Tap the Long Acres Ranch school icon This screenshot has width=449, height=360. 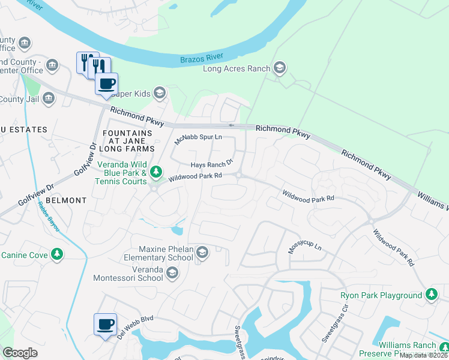pyautogui.click(x=279, y=68)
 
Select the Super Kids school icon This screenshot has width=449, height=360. pyautogui.click(x=159, y=93)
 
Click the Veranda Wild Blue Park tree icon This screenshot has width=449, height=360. pyautogui.click(x=156, y=173)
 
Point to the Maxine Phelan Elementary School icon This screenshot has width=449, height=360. pyautogui.click(x=202, y=253)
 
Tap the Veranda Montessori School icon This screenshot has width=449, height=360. pyautogui.click(x=172, y=273)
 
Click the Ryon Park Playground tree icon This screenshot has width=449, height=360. pyautogui.click(x=431, y=295)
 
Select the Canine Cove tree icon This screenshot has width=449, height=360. pyautogui.click(x=57, y=255)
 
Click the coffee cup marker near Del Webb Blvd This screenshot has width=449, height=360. pyautogui.click(x=105, y=325)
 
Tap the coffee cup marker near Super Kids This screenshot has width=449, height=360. pyautogui.click(x=107, y=84)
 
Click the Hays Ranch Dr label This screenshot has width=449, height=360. pyautogui.click(x=211, y=165)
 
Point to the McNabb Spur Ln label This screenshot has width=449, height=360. pyautogui.click(x=198, y=140)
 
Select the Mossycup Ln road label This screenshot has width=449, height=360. pyautogui.click(x=305, y=248)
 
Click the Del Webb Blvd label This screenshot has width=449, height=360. pyautogui.click(x=136, y=327)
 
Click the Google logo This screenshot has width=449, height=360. pyautogui.click(x=20, y=353)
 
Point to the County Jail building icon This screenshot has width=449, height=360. pyautogui.click(x=49, y=98)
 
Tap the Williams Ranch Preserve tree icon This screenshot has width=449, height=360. pyautogui.click(x=443, y=347)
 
